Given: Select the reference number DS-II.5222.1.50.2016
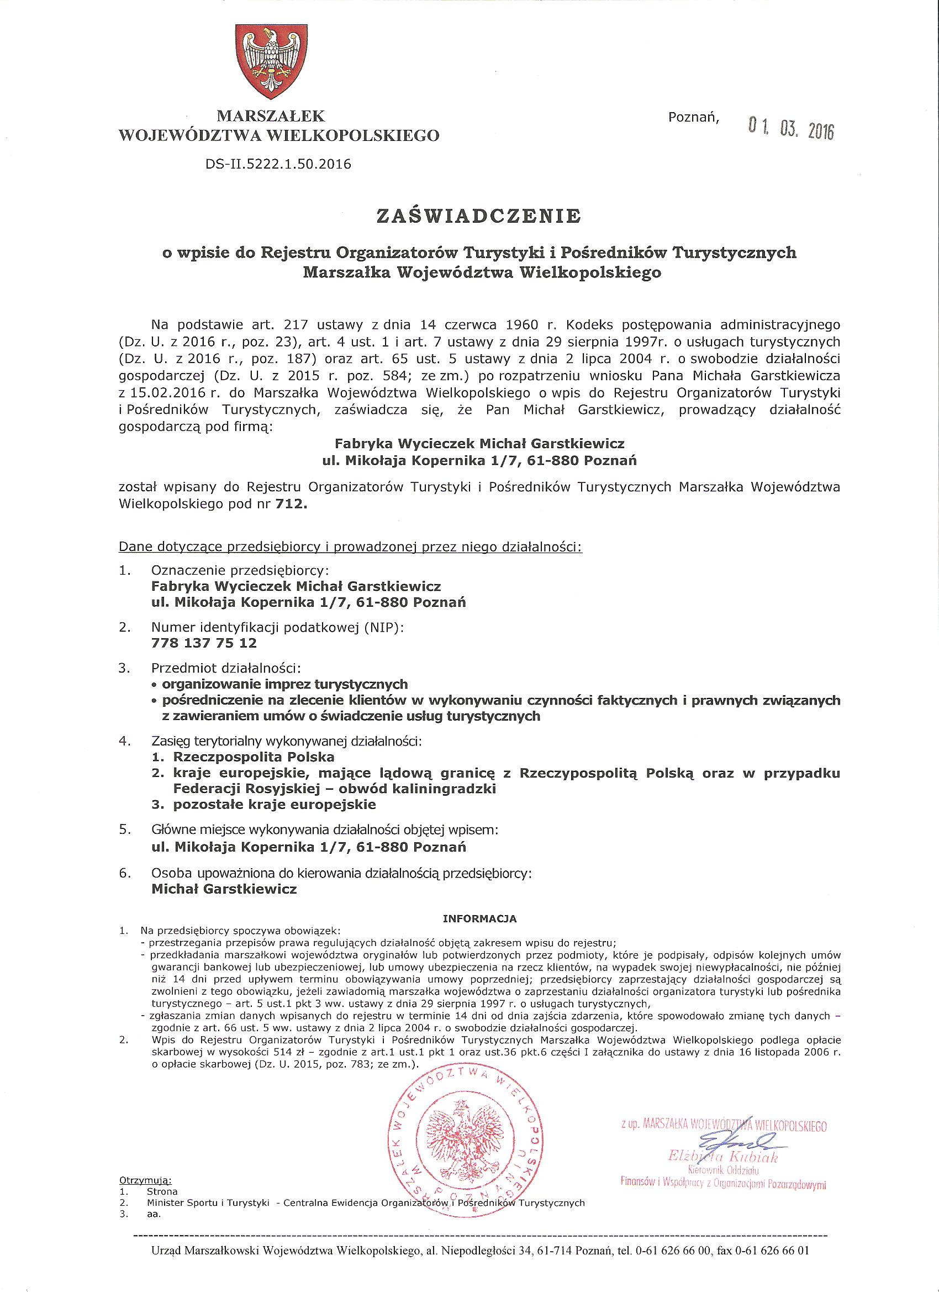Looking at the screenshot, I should [278, 165].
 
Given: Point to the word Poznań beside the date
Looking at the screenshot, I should [694, 118].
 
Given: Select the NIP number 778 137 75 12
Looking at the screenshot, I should [204, 643].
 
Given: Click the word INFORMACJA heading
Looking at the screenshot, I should [479, 919].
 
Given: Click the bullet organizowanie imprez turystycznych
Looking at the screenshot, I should [284, 684].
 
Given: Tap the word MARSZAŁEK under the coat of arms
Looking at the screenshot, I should [271, 116].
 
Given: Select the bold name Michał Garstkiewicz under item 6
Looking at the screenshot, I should [224, 889].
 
